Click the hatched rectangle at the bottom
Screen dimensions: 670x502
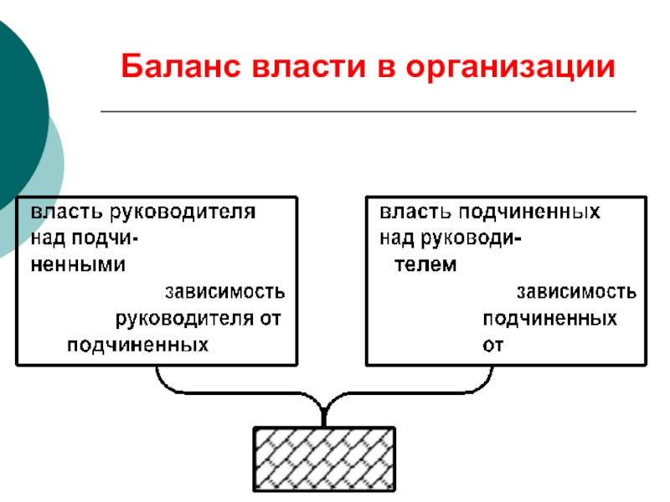(324, 458)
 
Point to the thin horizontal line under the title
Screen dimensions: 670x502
(368, 111)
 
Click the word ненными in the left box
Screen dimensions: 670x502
(78, 265)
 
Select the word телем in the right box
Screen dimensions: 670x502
(425, 265)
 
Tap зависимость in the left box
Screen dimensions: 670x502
(224, 292)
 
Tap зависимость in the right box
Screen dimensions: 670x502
(576, 292)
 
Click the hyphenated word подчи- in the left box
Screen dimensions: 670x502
(105, 238)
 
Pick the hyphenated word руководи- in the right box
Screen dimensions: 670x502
(471, 238)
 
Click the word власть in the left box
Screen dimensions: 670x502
(67, 212)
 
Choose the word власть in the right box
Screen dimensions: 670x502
(415, 212)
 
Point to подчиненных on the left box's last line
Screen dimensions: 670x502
(137, 346)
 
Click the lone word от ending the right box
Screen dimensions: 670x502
(492, 346)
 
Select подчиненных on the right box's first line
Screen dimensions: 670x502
(529, 213)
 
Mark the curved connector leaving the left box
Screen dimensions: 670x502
(240, 392)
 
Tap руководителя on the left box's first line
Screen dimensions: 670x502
(183, 213)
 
